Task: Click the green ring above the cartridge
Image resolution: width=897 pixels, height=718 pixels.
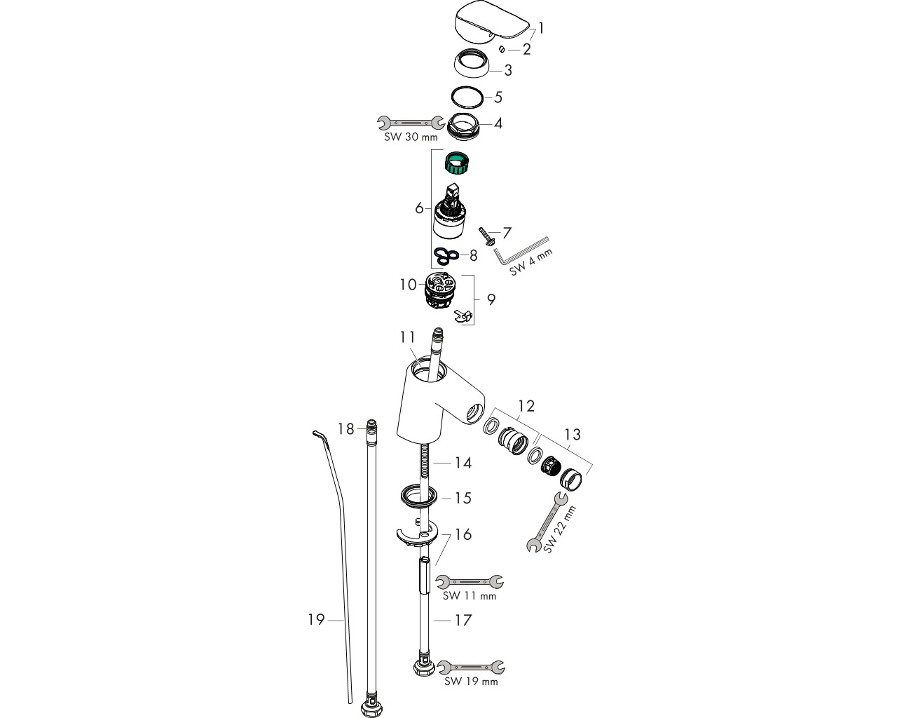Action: click(x=456, y=163)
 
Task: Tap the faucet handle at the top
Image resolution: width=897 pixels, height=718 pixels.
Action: click(x=490, y=21)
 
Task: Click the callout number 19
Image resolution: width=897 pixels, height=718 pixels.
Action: click(x=316, y=620)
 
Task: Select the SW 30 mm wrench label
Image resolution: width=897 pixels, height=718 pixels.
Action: click(x=411, y=137)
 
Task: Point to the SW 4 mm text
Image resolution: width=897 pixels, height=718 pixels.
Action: click(x=530, y=262)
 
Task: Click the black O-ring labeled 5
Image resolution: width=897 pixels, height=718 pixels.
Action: click(x=467, y=97)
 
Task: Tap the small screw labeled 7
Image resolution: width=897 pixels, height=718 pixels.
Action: click(x=486, y=236)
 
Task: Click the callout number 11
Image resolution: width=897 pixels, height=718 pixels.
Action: click(x=407, y=337)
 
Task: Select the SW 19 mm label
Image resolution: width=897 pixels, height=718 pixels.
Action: click(x=471, y=682)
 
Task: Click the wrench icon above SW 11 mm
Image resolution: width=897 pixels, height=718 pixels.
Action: click(x=470, y=581)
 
